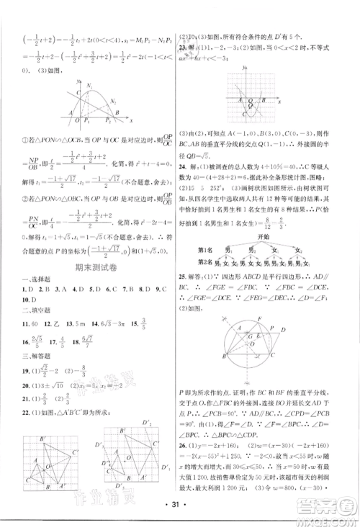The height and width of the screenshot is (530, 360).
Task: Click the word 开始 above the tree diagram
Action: pyautogui.click(x=267, y=254)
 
